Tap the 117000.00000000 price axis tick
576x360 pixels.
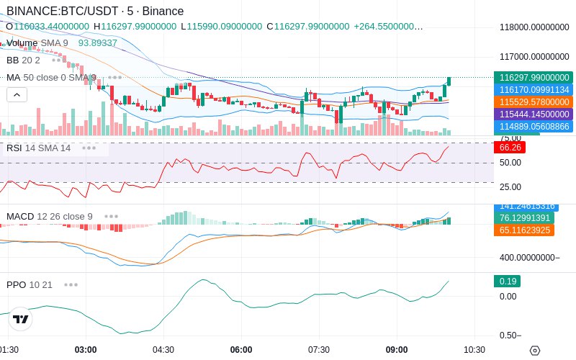(534, 56)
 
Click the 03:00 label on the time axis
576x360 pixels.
(86, 349)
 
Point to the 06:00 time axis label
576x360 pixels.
(241, 349)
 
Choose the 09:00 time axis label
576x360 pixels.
(397, 349)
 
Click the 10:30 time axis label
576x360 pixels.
(474, 349)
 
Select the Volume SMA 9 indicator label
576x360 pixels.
(37, 42)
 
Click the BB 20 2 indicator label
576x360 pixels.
(23, 60)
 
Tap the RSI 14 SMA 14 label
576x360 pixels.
(39, 148)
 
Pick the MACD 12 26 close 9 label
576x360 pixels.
(49, 216)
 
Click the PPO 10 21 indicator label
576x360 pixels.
(30, 284)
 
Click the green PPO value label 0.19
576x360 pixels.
(507, 281)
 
